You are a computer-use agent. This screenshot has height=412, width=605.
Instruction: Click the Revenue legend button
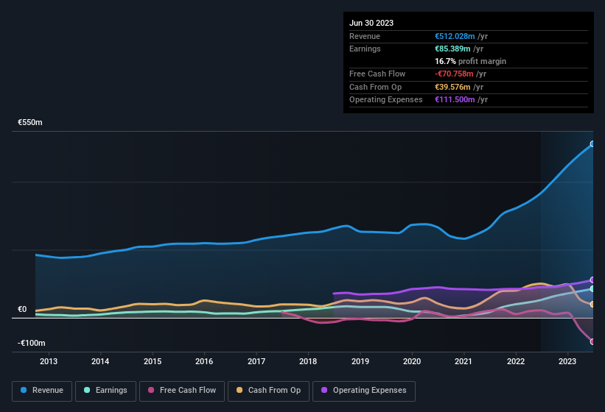(42, 391)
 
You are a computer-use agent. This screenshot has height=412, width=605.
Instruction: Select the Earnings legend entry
(105, 391)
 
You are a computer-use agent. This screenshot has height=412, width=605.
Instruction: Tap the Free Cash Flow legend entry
(182, 391)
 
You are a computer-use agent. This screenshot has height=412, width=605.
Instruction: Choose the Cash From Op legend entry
(268, 391)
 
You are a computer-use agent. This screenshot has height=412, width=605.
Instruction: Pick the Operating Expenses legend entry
(364, 391)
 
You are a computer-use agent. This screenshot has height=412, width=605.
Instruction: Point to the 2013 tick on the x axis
(49, 361)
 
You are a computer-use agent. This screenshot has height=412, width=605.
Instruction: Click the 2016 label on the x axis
(204, 361)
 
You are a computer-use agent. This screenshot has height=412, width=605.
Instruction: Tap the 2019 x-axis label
(360, 361)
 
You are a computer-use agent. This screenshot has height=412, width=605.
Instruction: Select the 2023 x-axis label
(567, 361)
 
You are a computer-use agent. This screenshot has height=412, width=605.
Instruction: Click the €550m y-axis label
(30, 122)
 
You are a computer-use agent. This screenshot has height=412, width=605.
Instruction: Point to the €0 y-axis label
(22, 310)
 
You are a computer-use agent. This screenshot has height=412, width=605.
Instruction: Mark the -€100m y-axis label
(32, 344)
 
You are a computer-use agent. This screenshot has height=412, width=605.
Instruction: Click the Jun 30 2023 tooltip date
(371, 23)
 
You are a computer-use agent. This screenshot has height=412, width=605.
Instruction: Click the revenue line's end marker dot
(592, 143)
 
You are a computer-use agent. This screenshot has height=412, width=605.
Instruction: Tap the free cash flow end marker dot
(592, 341)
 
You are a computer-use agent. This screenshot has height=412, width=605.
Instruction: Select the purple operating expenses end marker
(592, 280)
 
